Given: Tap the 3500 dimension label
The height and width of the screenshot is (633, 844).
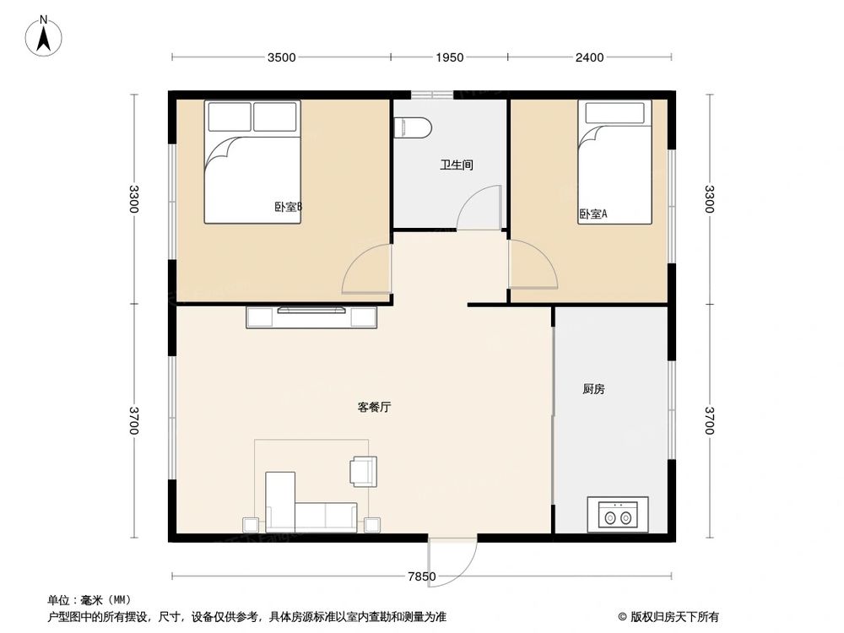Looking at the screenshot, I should [x=282, y=57].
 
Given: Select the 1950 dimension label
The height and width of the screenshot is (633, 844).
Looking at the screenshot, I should [x=449, y=57].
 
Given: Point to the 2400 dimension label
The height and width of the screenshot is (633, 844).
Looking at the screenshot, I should [x=589, y=57].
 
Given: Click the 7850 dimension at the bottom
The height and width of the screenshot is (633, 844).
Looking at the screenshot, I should [x=421, y=577].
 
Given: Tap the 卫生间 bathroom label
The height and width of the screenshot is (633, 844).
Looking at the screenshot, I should [x=456, y=165].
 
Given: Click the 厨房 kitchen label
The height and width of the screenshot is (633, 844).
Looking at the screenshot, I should [x=593, y=390].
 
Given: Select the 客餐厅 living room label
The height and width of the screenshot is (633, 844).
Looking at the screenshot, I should [x=374, y=407].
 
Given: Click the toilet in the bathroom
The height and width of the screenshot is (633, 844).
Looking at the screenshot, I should [x=413, y=127].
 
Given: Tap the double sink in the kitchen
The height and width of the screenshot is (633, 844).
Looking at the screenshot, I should [x=617, y=513].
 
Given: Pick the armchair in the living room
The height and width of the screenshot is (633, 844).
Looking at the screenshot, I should [x=364, y=469].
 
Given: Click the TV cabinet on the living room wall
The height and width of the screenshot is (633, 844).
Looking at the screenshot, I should [x=311, y=316].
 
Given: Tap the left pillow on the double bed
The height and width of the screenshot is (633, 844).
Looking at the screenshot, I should [x=230, y=116].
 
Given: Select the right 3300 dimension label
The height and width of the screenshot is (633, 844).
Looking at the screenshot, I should [x=710, y=199].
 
